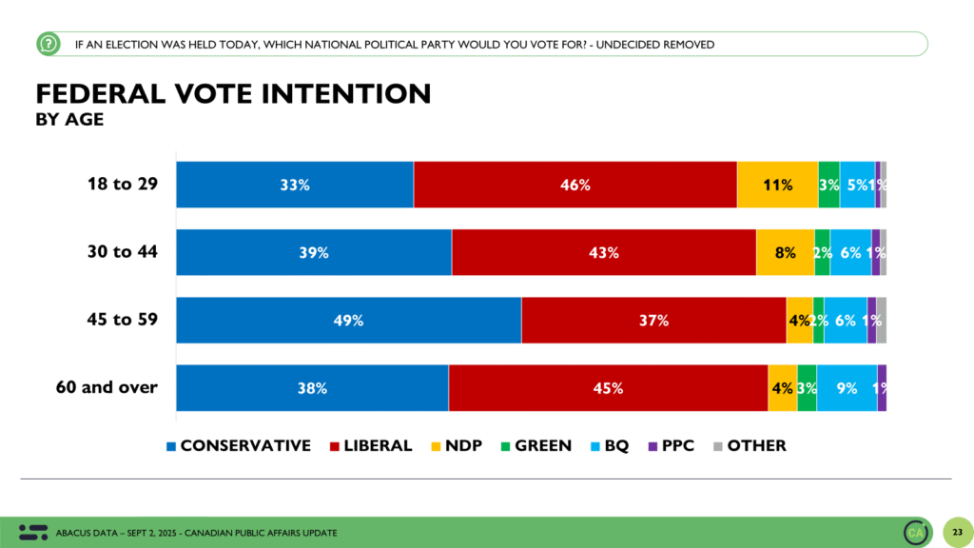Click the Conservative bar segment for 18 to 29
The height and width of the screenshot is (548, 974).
pyautogui.click(x=295, y=186)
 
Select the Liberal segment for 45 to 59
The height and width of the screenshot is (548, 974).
pyautogui.click(x=653, y=321)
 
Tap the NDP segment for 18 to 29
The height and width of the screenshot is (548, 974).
pyautogui.click(x=777, y=186)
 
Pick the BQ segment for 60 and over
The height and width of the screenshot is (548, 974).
pyautogui.click(x=847, y=388)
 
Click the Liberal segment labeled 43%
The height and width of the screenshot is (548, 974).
pyautogui.click(x=603, y=253)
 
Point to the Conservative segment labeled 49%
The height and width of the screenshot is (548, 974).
pyautogui.click(x=349, y=321)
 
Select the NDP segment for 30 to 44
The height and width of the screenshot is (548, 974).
pyautogui.click(x=785, y=253)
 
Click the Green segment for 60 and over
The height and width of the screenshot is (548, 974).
pyautogui.click(x=807, y=388)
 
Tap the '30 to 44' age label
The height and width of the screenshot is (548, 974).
pyautogui.click(x=123, y=252)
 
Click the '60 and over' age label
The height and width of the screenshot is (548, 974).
pyautogui.click(x=107, y=387)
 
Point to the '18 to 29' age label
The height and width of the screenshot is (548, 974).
pyautogui.click(x=123, y=185)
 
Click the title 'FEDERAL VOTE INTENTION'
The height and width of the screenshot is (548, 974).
pyautogui.click(x=233, y=93)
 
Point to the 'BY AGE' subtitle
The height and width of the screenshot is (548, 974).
pyautogui.click(x=69, y=120)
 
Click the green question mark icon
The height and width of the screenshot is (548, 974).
pyautogui.click(x=48, y=44)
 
